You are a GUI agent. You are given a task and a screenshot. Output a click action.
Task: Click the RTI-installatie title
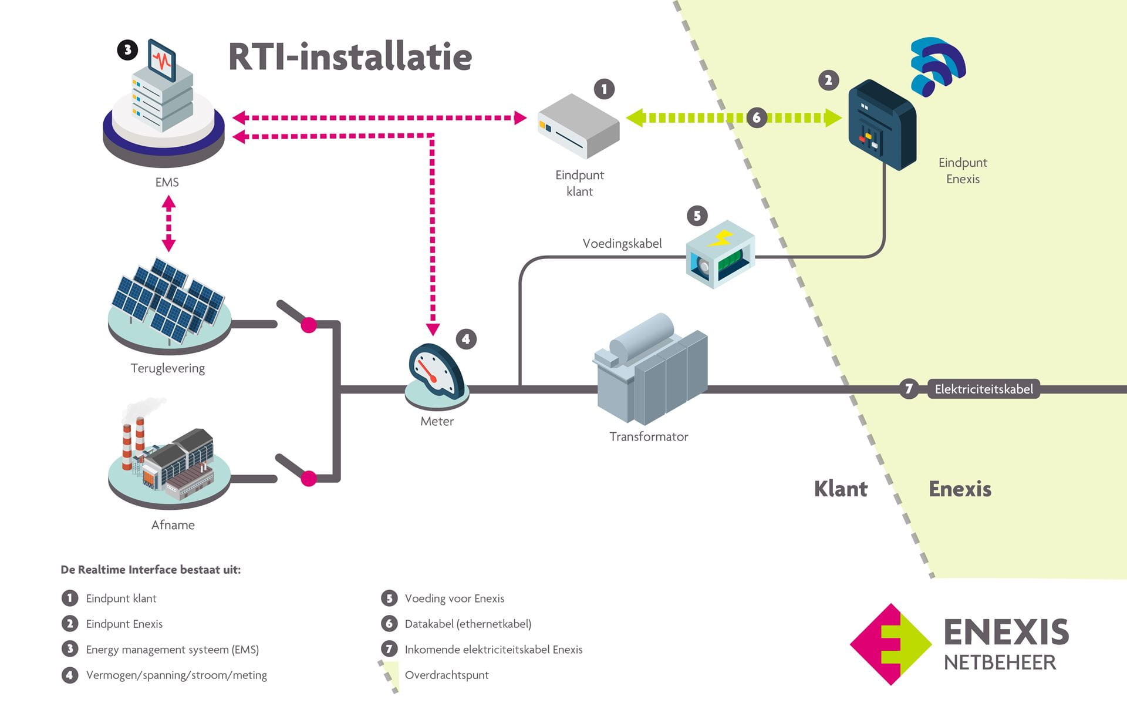(x=350, y=57)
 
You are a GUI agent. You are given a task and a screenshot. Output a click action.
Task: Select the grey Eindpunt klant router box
(x=578, y=127)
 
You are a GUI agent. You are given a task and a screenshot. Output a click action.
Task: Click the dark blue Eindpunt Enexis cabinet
(x=882, y=125)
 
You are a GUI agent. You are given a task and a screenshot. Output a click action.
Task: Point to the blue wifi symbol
(x=937, y=66)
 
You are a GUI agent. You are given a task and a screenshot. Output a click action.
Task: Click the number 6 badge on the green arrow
(x=757, y=117)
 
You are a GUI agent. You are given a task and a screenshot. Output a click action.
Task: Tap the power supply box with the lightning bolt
(x=720, y=254)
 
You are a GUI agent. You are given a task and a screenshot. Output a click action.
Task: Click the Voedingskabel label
(x=622, y=243)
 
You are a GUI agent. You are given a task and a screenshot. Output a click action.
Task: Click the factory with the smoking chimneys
(x=168, y=458)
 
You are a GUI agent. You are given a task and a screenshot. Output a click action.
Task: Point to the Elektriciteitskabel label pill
(x=983, y=389)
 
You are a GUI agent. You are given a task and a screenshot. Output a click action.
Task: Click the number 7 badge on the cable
(x=909, y=389)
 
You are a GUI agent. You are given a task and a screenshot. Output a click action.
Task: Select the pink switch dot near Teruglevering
(x=309, y=325)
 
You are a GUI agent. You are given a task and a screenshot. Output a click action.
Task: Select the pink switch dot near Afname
(x=309, y=479)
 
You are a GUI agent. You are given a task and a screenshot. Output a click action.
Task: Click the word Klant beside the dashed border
(x=840, y=489)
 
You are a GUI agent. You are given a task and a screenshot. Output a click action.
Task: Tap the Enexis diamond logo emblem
(x=890, y=644)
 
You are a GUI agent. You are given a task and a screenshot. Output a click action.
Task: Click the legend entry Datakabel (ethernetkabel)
(x=467, y=624)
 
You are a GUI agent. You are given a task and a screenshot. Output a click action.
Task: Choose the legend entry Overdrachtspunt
(x=446, y=675)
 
